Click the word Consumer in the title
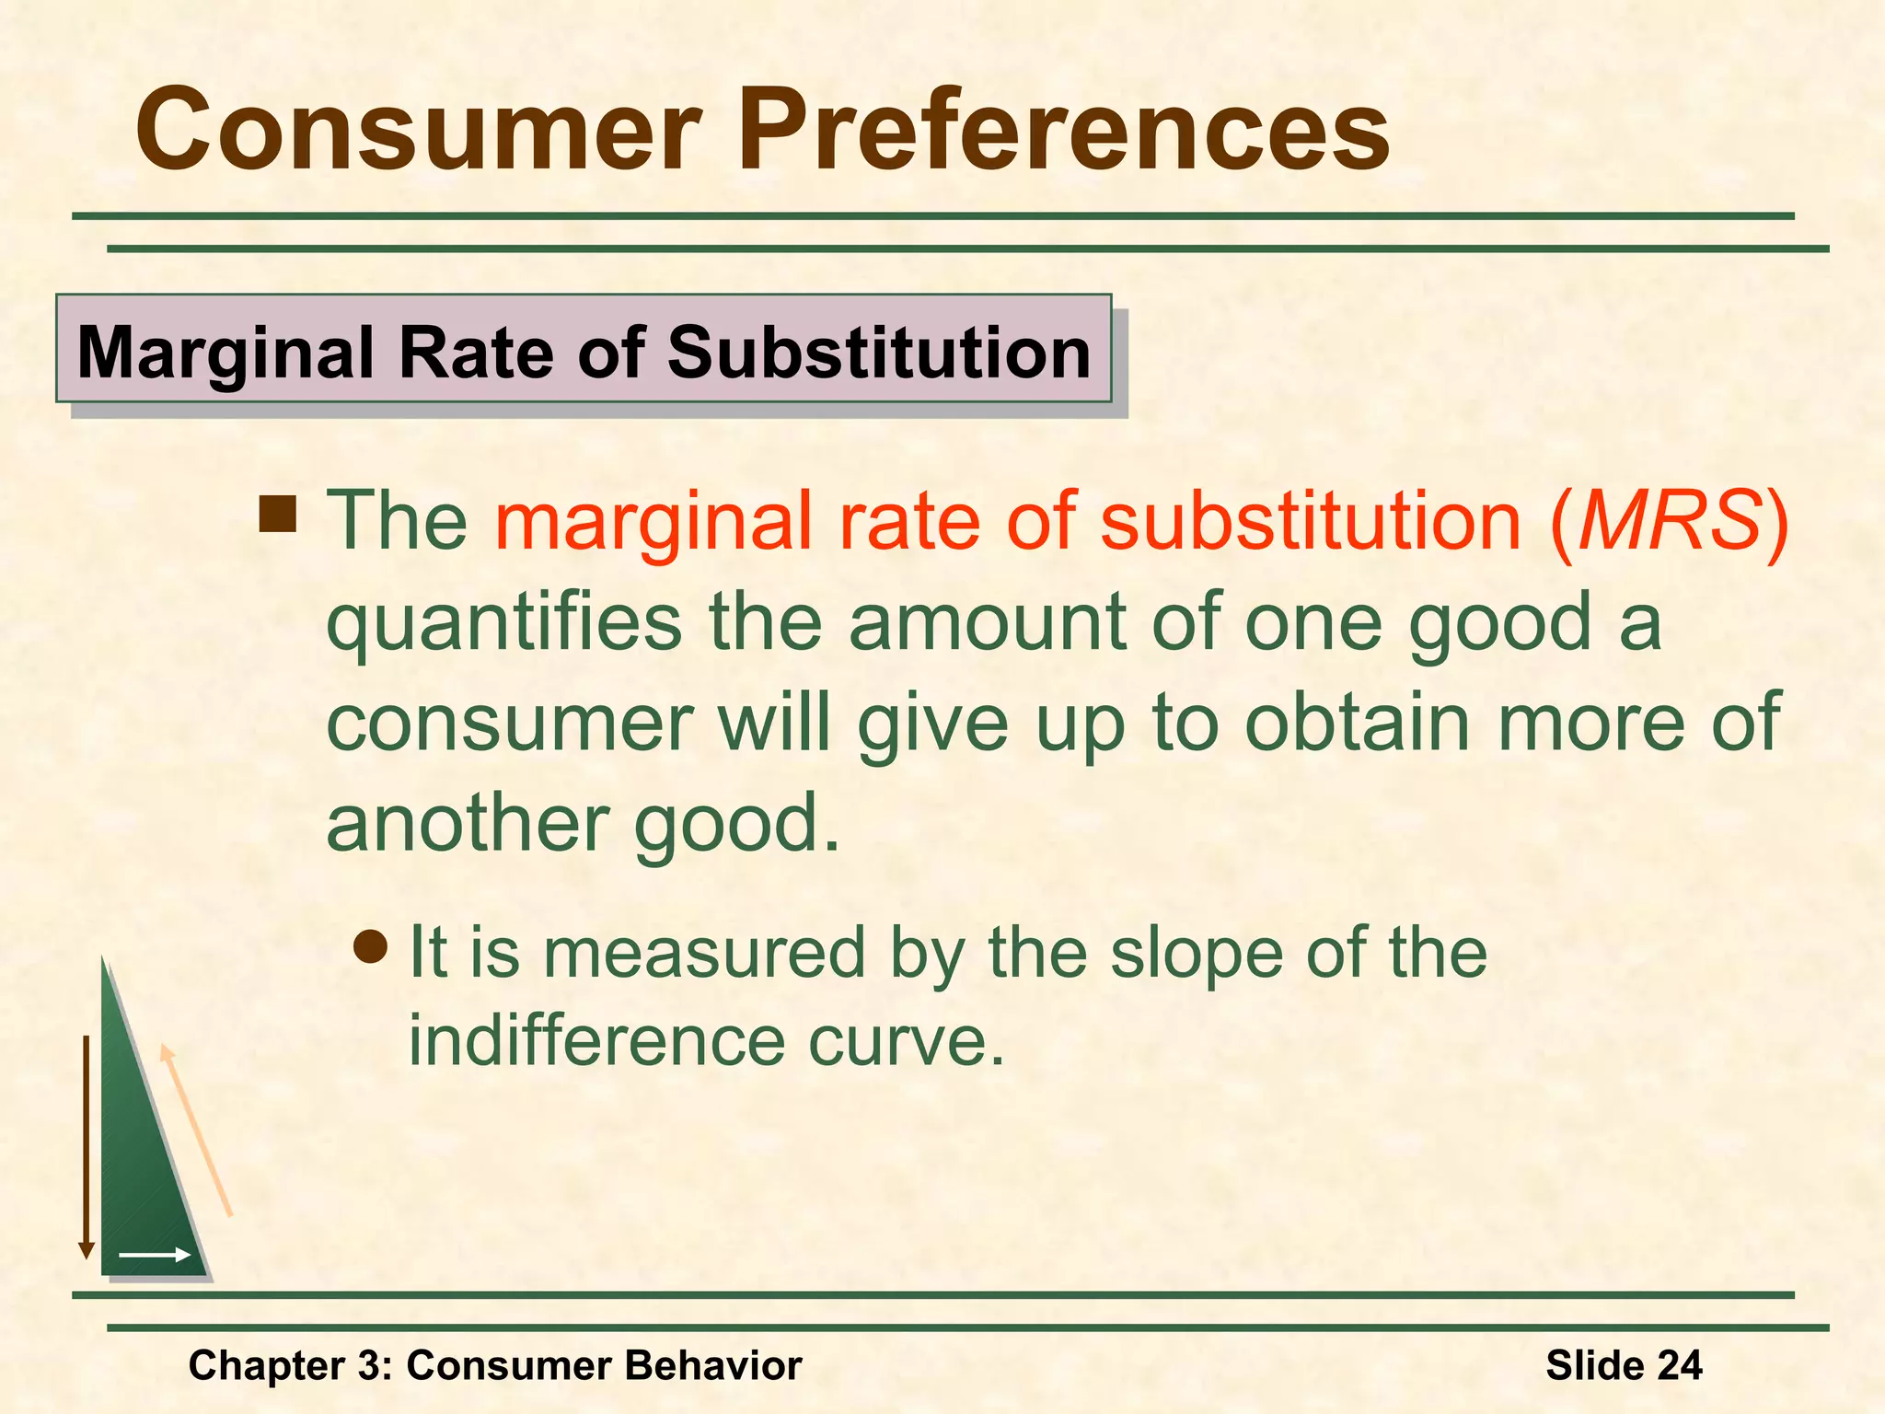tap(419, 131)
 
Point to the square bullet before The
tap(278, 515)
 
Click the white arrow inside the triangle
tap(155, 1255)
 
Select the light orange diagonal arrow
tap(196, 1130)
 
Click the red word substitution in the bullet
tap(1311, 521)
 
